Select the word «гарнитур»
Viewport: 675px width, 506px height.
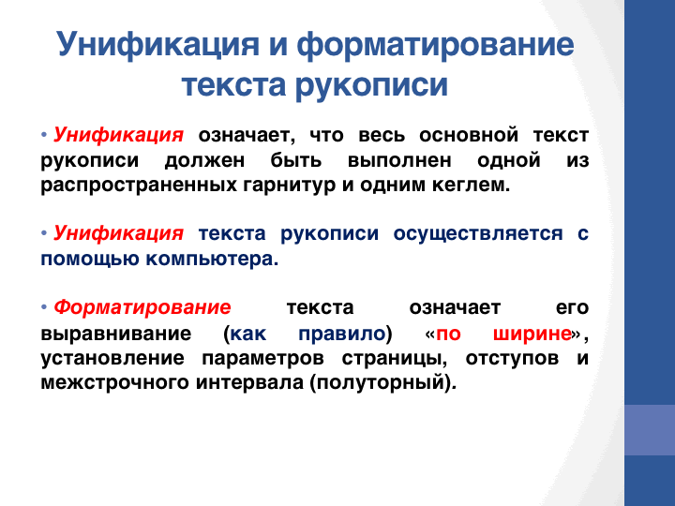point(290,186)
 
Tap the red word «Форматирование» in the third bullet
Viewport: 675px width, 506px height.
point(142,307)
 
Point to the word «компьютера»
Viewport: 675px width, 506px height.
point(212,259)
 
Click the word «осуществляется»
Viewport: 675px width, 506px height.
point(478,234)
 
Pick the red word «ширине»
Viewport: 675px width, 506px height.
point(532,334)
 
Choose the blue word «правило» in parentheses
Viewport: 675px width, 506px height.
point(342,334)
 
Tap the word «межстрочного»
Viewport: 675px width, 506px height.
point(114,382)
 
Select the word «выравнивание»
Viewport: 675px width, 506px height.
point(116,334)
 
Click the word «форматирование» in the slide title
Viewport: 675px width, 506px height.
point(435,45)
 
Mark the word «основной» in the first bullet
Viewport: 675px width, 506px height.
point(469,135)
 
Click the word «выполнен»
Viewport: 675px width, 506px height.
point(399,160)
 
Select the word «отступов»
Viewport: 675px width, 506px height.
point(512,358)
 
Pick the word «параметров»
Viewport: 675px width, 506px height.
point(262,358)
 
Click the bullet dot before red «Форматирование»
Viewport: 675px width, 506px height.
point(44,307)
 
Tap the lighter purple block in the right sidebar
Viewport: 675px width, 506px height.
point(650,430)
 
